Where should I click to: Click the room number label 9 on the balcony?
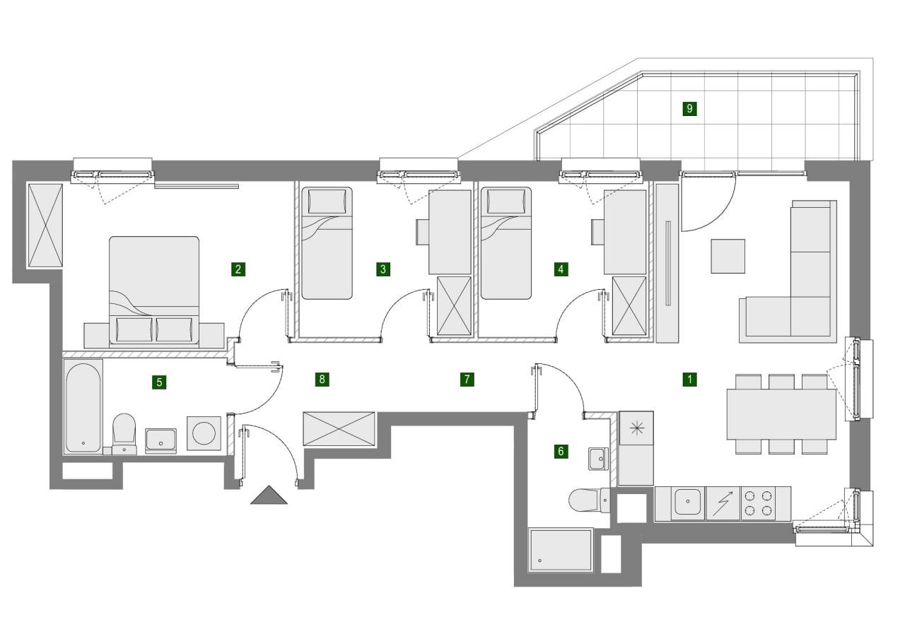coord(689,109)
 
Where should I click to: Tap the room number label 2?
coord(238,269)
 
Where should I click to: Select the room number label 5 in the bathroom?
coord(160,382)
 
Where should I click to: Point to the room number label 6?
coord(561,451)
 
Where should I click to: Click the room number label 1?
coord(689,380)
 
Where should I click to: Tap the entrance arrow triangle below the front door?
coord(269,496)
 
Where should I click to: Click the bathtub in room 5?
coord(83,407)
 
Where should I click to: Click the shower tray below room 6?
coord(561,550)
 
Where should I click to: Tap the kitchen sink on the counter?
coord(687,503)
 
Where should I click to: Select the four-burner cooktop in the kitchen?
coord(757,503)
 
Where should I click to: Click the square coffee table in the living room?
coord(728,256)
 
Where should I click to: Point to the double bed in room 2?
coord(154,290)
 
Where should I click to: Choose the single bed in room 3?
coord(327,242)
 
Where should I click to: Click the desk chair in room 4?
coord(597,232)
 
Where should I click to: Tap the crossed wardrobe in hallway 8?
coord(339,428)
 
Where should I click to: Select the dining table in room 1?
coord(781,414)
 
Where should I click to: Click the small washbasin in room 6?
coord(598,458)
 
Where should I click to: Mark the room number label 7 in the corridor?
coord(467,380)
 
